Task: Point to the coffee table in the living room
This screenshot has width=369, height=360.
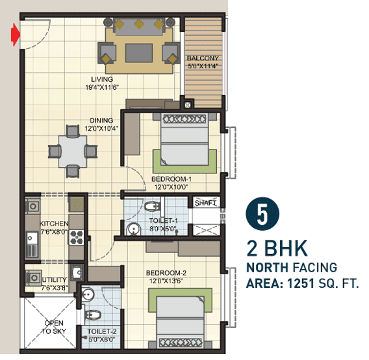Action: pyautogui.click(x=138, y=52)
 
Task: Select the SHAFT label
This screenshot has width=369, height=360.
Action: pyautogui.click(x=205, y=203)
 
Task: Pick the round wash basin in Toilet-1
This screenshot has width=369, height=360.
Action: pyautogui.click(x=133, y=229)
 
